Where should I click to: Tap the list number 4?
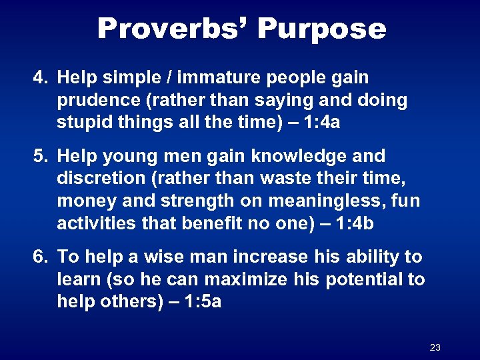(x=40, y=77)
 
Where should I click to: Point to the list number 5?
(x=40, y=156)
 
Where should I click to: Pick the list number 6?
(x=40, y=257)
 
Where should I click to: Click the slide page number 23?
(x=435, y=347)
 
